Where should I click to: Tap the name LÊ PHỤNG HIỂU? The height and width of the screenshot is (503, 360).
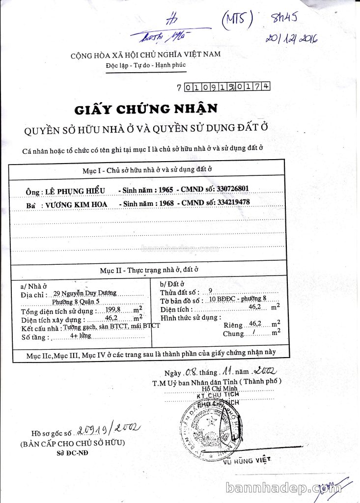pos(75,191)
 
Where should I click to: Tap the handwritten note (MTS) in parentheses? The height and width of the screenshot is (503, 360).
pos(237,20)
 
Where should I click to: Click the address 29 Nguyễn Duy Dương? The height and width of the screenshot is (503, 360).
pos(85,293)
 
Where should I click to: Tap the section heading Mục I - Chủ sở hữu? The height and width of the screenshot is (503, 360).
pos(147,169)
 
